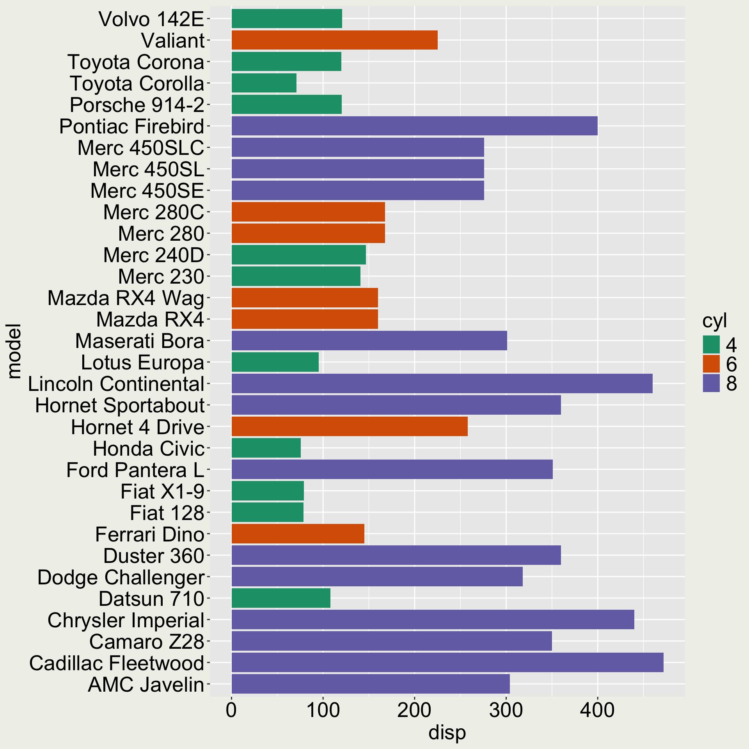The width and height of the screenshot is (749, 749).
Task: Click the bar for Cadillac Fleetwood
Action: pyautogui.click(x=447, y=662)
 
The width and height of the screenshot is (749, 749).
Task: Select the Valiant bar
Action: pyautogui.click(x=334, y=40)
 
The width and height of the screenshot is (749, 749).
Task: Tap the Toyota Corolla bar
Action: pyautogui.click(x=264, y=83)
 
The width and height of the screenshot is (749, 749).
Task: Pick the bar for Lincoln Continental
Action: pyautogui.click(x=442, y=383)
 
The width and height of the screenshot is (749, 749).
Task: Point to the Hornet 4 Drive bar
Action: pyautogui.click(x=349, y=426)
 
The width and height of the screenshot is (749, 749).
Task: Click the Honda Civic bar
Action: pyautogui.click(x=266, y=448)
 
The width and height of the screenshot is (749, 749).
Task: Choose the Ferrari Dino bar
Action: pyautogui.click(x=298, y=534)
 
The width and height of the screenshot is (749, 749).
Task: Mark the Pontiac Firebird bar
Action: pyautogui.click(x=414, y=126)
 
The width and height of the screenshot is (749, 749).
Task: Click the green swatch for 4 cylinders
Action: pyautogui.click(x=711, y=344)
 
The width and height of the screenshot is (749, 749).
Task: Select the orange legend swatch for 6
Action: pyautogui.click(x=711, y=364)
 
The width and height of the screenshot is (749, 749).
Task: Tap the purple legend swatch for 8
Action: pyautogui.click(x=711, y=383)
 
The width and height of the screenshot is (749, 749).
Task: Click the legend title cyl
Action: pyautogui.click(x=714, y=321)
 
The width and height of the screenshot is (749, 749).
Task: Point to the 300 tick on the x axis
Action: pyautogui.click(x=506, y=710)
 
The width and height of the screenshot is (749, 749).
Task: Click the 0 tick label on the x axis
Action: pyautogui.click(x=231, y=710)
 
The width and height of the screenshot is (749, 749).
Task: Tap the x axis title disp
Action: pyautogui.click(x=447, y=733)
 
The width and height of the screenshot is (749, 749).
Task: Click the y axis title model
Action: pyautogui.click(x=14, y=351)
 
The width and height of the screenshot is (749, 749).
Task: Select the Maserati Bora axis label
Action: pyautogui.click(x=140, y=341)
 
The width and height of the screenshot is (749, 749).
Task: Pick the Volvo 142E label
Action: pyautogui.click(x=151, y=19)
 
